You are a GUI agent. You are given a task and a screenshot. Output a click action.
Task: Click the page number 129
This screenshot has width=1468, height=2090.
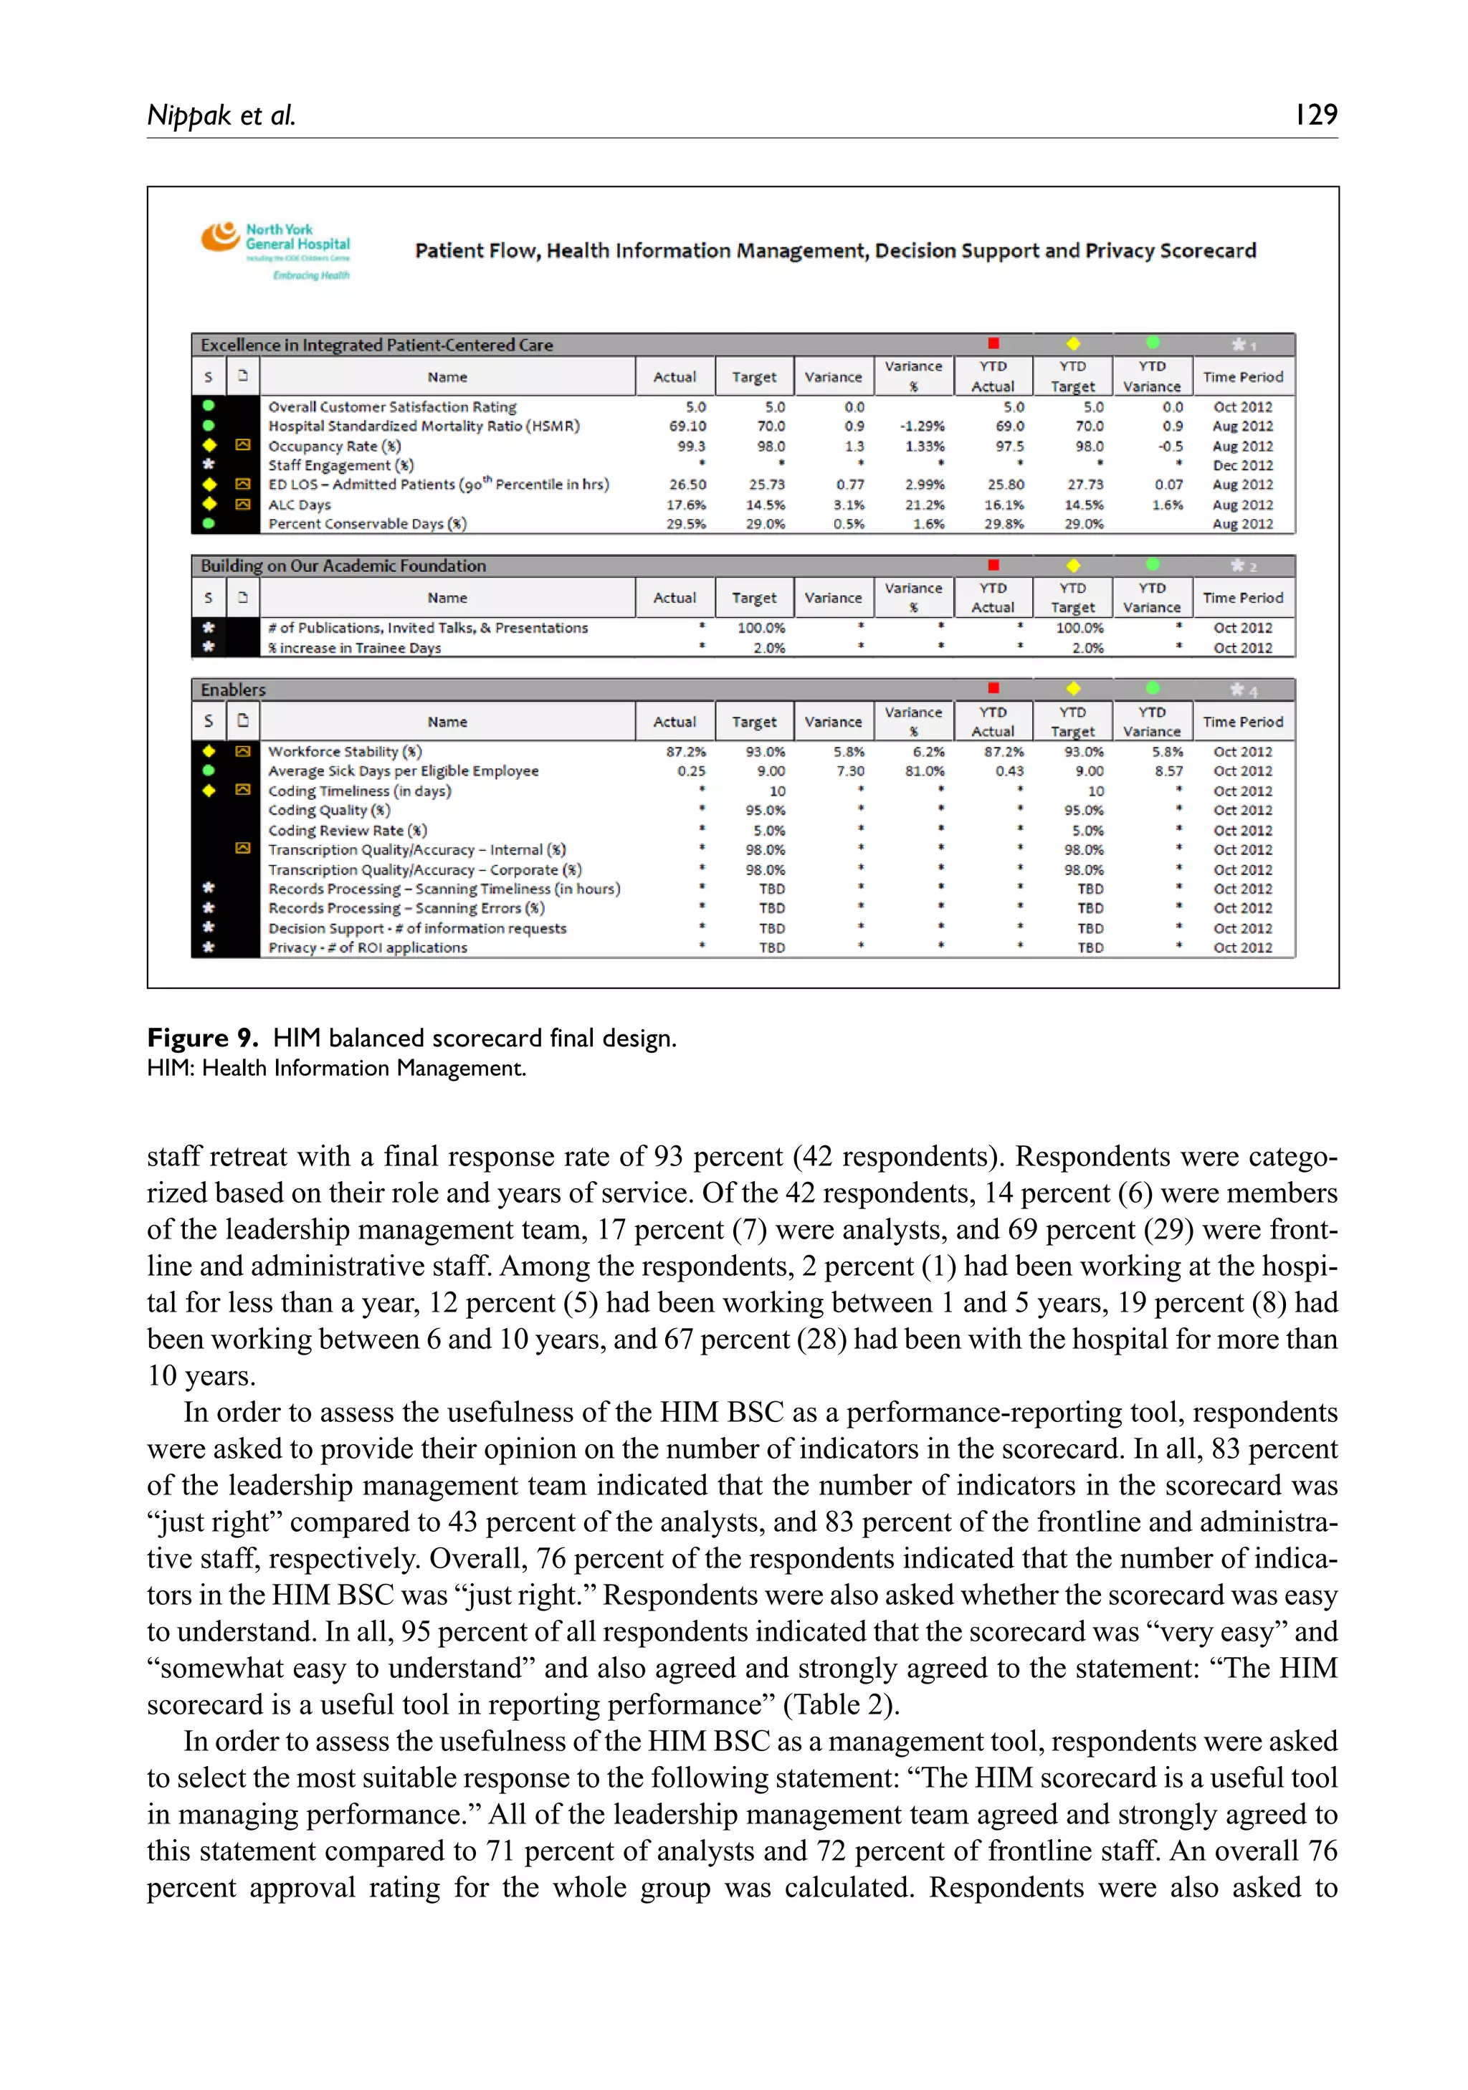pyautogui.click(x=1315, y=115)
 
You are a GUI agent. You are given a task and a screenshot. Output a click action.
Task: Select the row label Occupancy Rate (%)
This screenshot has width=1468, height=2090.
pyautogui.click(x=334, y=446)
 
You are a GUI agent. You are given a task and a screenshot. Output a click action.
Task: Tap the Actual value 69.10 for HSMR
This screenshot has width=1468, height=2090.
pyautogui.click(x=687, y=426)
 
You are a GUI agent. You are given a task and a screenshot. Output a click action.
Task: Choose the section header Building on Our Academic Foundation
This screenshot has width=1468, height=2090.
pyautogui.click(x=343, y=566)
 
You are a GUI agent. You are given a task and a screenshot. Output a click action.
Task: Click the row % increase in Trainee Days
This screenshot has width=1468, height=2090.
pyautogui.click(x=354, y=648)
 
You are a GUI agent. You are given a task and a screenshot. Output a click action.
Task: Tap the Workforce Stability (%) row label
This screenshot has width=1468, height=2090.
pyautogui.click(x=345, y=752)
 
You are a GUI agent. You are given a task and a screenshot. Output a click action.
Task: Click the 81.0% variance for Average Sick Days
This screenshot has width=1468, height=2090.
pyautogui.click(x=924, y=771)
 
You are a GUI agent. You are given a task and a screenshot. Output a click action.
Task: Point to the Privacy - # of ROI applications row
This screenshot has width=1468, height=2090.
pyautogui.click(x=367, y=948)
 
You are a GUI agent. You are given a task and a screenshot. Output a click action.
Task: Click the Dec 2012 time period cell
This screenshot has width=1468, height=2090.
pyautogui.click(x=1242, y=465)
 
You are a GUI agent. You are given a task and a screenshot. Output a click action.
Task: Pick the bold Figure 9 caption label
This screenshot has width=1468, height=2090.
pyautogui.click(x=202, y=1038)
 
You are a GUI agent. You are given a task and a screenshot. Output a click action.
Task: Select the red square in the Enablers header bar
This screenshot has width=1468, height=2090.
pyautogui.click(x=993, y=688)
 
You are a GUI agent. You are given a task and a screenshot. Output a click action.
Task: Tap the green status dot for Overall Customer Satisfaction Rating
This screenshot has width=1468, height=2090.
pyautogui.click(x=209, y=406)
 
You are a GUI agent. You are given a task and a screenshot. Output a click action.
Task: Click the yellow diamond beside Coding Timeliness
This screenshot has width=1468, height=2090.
pyautogui.click(x=209, y=790)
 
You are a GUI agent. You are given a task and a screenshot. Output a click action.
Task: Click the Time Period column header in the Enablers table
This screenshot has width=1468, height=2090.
pyautogui.click(x=1242, y=722)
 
